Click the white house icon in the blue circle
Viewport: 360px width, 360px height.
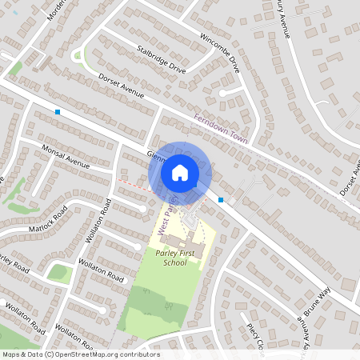[180, 172]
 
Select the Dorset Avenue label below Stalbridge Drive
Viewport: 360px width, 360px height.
[121, 86]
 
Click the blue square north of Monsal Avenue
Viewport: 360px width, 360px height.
[58, 112]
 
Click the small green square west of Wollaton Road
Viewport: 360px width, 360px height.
[58, 273]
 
